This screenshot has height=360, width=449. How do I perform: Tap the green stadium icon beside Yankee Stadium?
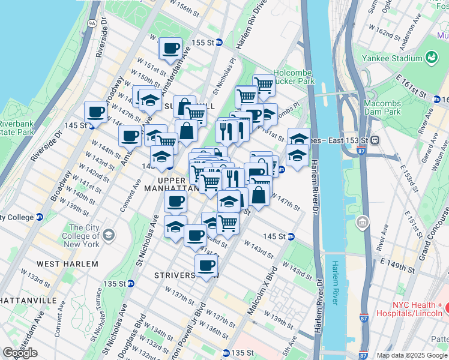pos(430,58)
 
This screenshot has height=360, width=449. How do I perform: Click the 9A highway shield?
pos(92,23)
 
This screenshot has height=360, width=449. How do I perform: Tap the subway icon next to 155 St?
pos(220,43)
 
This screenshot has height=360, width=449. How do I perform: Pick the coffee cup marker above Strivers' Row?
pos(206,265)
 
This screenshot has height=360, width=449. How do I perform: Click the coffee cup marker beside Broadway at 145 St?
pos(95,112)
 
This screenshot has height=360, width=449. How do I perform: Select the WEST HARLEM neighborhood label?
pos(67,264)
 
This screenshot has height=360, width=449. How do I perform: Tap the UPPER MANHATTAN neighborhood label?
pos(178,184)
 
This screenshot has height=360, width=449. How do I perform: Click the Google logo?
pos(20,352)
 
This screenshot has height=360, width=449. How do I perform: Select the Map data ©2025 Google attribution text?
pos(411,355)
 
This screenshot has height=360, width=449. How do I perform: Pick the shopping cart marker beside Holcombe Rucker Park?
pos(264,85)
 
